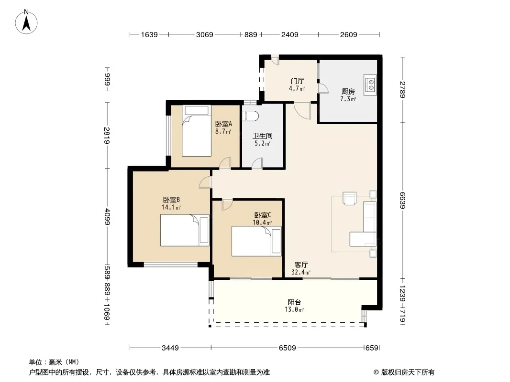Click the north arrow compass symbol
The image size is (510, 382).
click(x=26, y=22)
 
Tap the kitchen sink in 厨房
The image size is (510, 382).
click(x=370, y=85)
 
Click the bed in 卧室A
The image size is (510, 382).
click(x=197, y=131)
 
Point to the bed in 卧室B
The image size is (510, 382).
click(x=185, y=230)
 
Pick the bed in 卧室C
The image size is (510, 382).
click(x=256, y=241)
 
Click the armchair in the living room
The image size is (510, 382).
click(x=350, y=198)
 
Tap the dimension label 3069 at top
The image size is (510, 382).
click(x=205, y=35)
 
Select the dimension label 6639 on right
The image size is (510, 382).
click(x=403, y=201)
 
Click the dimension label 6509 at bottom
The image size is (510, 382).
click(x=288, y=348)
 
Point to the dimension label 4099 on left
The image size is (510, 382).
click(x=107, y=217)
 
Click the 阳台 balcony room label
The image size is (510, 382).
click(x=294, y=302)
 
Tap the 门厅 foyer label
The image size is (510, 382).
click(x=297, y=81)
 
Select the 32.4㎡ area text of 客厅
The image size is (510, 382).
click(x=301, y=273)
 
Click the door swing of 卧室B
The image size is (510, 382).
click(x=205, y=182)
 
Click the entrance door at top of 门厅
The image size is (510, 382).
click(x=275, y=60)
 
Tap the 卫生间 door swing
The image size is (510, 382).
click(x=257, y=163)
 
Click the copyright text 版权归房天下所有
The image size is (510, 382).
click(x=408, y=372)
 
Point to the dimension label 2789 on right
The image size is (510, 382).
click(x=403, y=90)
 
